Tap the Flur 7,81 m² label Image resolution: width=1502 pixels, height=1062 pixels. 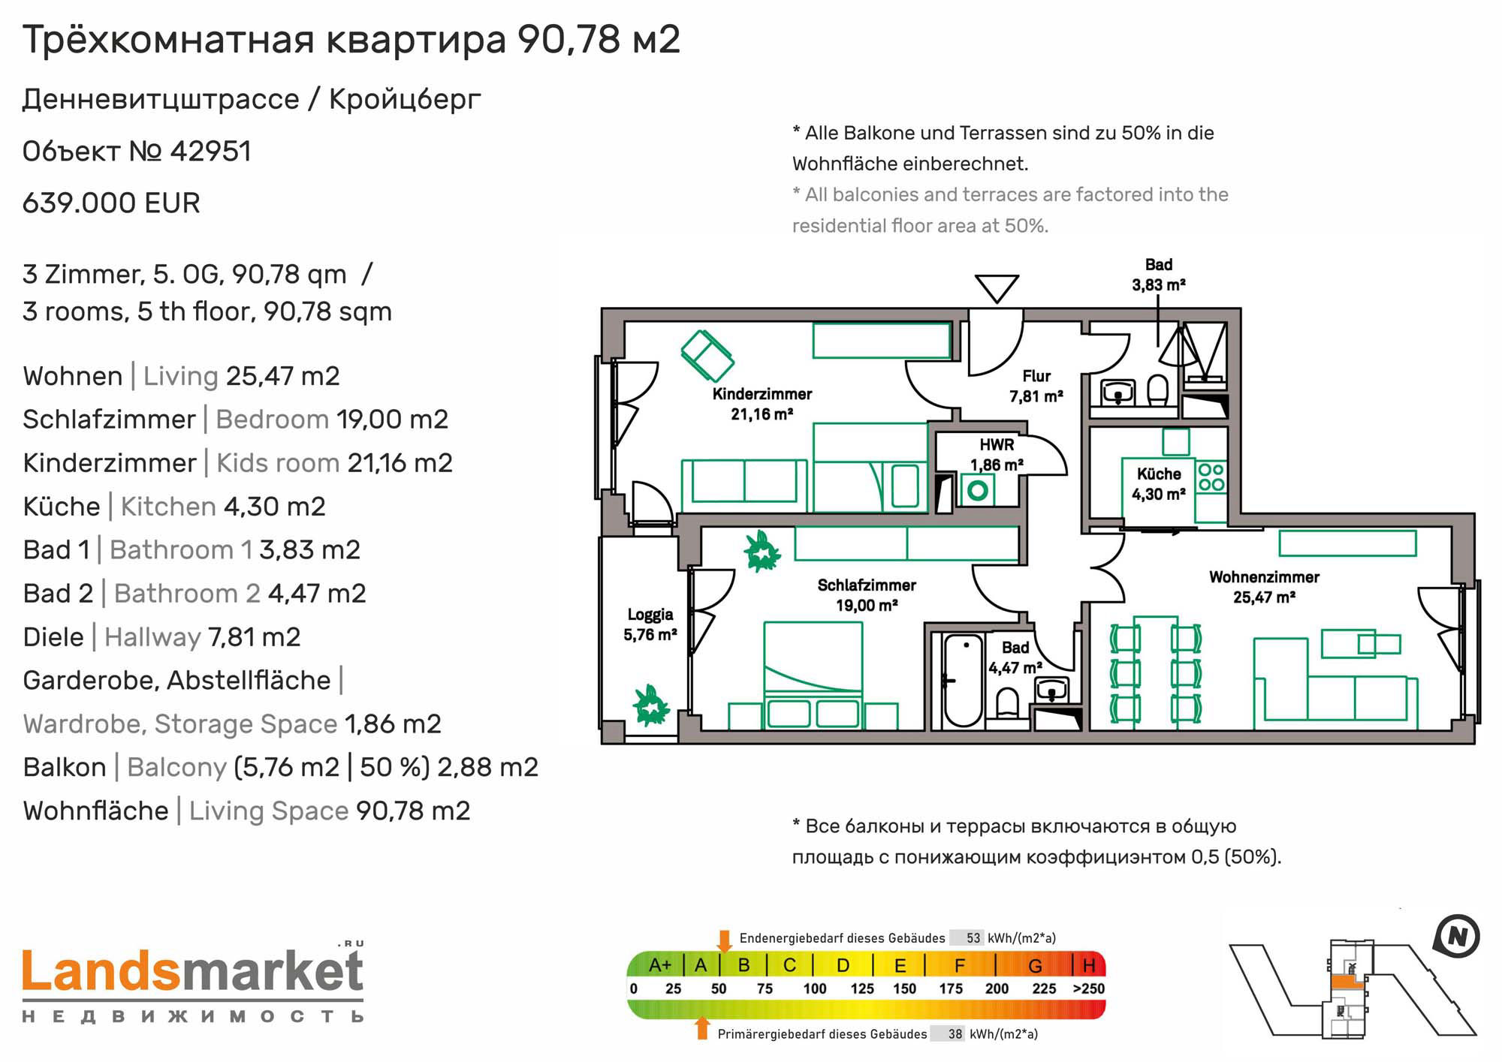click(1036, 386)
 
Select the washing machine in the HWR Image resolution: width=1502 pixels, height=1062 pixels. click(977, 491)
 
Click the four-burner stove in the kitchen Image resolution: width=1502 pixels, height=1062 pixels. click(1211, 477)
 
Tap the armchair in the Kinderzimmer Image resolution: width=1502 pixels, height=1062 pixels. click(707, 356)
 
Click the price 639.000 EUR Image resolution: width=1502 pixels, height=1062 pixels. click(111, 203)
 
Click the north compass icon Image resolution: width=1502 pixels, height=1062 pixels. click(1456, 937)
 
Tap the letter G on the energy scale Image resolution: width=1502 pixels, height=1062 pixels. click(1035, 965)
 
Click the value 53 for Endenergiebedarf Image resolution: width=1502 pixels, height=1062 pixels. click(973, 938)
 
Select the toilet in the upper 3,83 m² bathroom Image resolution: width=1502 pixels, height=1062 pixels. click(1158, 390)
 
